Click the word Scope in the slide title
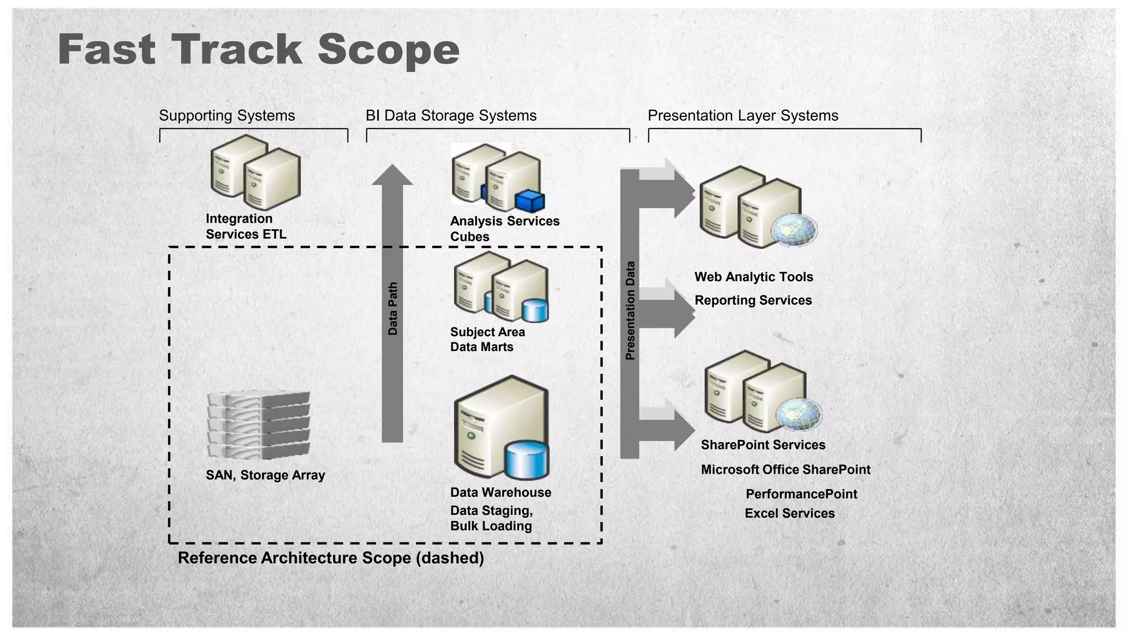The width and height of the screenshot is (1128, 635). pos(388,51)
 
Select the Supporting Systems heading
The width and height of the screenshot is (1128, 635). pos(227,116)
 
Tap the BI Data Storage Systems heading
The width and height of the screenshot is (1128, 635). pos(451,116)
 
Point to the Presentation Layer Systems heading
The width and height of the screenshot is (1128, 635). pos(742,116)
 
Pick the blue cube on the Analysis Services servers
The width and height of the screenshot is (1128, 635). pos(529,201)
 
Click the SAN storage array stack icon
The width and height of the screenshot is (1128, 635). pos(259,425)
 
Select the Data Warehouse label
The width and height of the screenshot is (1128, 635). pos(500,492)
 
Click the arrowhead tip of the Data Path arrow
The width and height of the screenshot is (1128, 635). pos(392,169)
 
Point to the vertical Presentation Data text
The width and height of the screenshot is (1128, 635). pos(630,310)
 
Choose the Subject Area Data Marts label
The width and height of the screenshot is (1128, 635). pos(487,340)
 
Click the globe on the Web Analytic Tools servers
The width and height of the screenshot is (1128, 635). pos(793,230)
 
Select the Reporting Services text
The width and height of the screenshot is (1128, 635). pos(752,300)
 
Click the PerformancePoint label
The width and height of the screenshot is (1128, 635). pos(801,494)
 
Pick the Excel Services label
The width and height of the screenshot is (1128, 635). pos(789,513)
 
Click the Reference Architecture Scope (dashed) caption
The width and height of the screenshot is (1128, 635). pos(330,558)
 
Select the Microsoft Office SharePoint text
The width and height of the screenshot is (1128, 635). pos(785,470)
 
